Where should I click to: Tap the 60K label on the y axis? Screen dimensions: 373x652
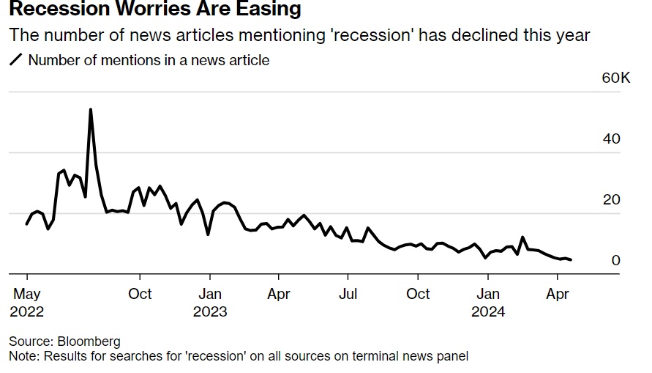(615, 78)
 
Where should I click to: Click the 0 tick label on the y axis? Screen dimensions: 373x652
(615, 261)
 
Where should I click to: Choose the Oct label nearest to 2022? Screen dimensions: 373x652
(140, 294)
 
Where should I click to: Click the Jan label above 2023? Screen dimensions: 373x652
(210, 294)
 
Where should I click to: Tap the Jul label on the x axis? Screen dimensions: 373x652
(348, 294)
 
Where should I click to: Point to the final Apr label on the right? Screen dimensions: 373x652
(558, 294)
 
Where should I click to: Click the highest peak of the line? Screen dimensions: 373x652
(90, 110)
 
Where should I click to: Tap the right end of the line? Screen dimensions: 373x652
(572, 259)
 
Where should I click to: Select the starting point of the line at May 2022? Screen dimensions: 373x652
(27, 224)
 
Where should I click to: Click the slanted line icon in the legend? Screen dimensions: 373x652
(15, 60)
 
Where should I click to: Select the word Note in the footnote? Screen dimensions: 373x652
(23, 356)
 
